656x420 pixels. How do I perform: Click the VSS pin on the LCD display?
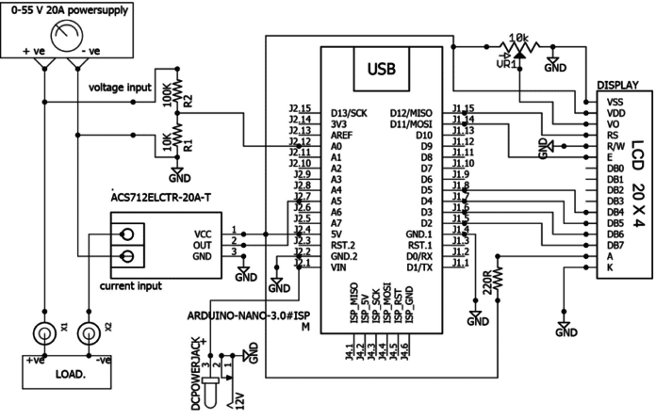[615, 101]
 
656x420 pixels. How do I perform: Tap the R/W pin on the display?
[615, 145]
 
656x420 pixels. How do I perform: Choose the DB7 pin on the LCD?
[615, 245]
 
